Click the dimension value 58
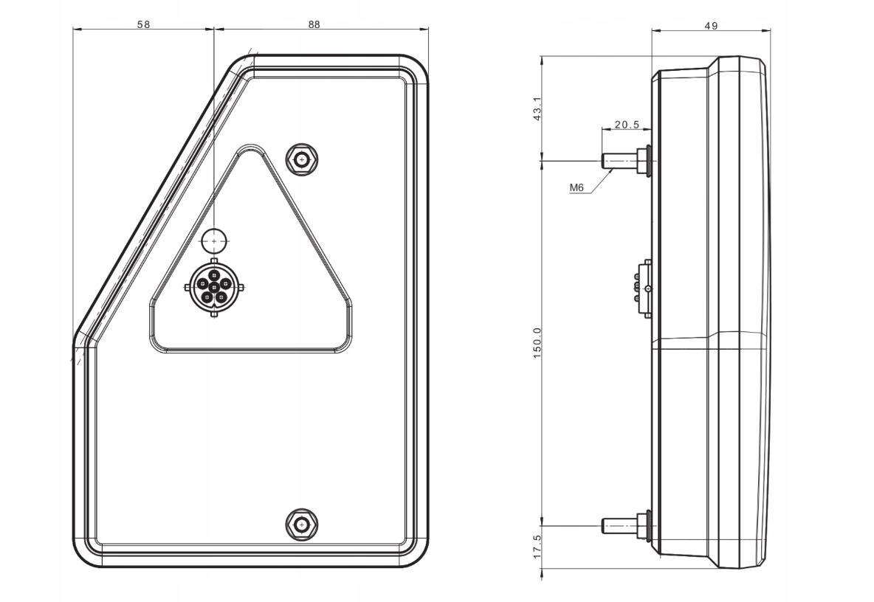tap(144, 24)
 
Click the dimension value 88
tap(314, 24)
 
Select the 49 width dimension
tap(711, 26)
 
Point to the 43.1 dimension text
tap(537, 109)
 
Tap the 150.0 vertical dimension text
tap(537, 342)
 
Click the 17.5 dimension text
tap(537, 547)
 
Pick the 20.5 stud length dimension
tap(627, 125)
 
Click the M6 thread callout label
tap(577, 188)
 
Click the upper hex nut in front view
tap(302, 160)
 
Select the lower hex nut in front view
tap(302, 525)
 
